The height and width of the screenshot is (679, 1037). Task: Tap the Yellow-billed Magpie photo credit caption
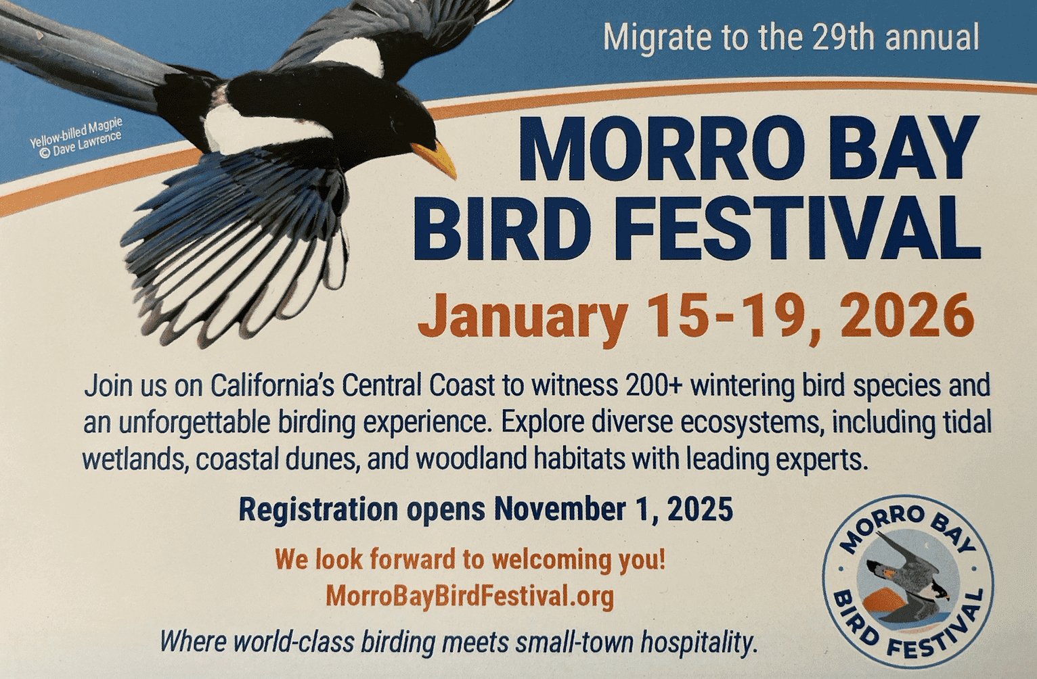coord(76,138)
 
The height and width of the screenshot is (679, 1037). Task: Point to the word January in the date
coord(523,318)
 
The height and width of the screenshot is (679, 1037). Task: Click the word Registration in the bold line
coord(318,510)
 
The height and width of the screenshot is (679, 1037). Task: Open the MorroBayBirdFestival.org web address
coord(470,596)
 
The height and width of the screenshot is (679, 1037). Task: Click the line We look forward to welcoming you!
coord(470,559)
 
